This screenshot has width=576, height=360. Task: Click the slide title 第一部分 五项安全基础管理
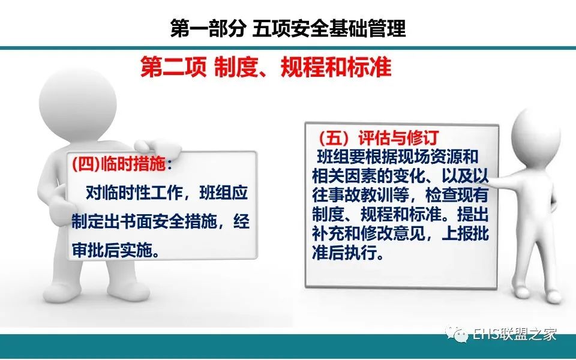(288, 28)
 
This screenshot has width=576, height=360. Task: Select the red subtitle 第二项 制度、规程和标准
(266, 67)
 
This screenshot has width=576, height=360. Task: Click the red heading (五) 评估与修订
(379, 138)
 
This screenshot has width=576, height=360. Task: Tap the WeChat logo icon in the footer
(456, 334)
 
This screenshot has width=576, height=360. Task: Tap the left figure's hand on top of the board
(157, 146)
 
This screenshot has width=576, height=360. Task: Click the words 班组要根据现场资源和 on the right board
(398, 157)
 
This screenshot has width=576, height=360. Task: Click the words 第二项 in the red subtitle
(173, 67)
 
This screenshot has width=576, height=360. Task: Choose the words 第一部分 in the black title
(208, 28)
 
